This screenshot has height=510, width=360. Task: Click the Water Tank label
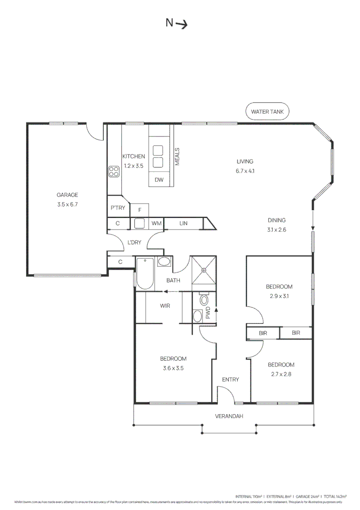click(267, 112)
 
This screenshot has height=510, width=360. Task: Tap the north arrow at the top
click(176, 23)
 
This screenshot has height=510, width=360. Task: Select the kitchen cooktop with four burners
click(114, 171)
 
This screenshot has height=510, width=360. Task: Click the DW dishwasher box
click(159, 180)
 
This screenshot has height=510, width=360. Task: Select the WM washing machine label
click(156, 223)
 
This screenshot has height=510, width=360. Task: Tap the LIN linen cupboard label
click(184, 223)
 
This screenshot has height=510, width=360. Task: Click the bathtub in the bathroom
click(144, 273)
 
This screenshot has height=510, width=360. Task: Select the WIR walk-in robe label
click(165, 306)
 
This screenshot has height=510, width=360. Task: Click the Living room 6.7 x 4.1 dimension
click(245, 171)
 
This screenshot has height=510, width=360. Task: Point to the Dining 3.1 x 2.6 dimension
click(276, 230)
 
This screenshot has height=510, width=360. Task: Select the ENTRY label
click(230, 380)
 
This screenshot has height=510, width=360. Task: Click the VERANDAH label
click(229, 416)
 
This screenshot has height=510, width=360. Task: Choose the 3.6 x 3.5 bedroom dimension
click(173, 368)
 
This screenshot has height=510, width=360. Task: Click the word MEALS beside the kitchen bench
click(178, 156)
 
